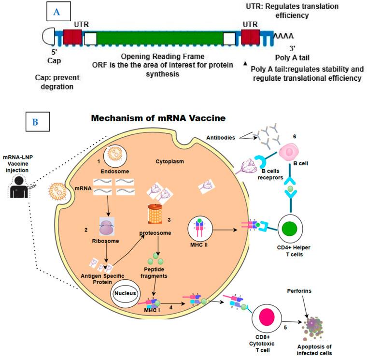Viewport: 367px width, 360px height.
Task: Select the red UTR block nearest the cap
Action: point(72,37)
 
